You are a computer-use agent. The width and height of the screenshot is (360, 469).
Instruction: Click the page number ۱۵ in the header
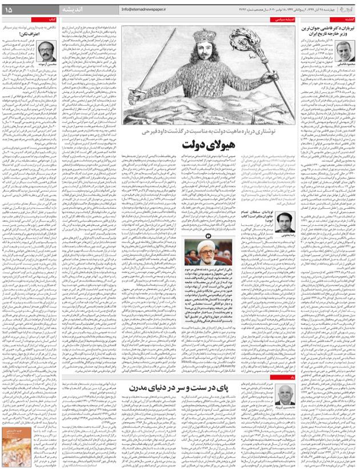tap(9, 9)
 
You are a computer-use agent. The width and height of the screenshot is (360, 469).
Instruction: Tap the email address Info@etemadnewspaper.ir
tap(147, 10)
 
